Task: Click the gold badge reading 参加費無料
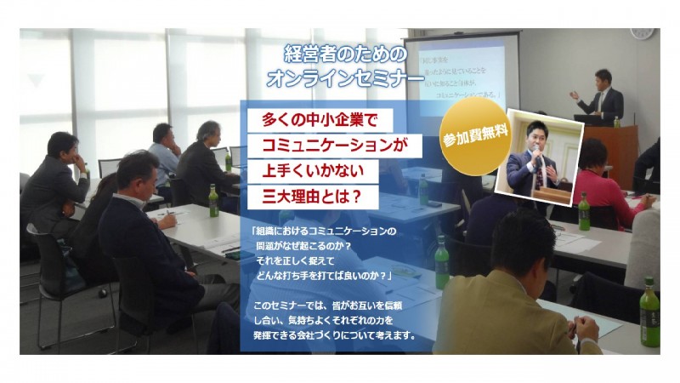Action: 469,142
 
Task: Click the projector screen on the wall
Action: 459,72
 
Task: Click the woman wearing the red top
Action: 605,179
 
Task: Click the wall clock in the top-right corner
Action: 642,32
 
